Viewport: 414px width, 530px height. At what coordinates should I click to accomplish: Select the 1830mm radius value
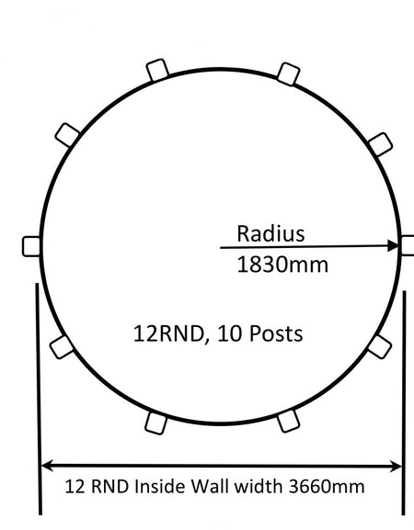point(282,265)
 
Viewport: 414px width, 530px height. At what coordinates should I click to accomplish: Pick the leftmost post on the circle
point(30,245)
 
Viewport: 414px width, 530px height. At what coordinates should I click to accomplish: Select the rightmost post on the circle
point(408,245)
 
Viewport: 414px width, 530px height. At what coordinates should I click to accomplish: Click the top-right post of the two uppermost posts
point(288,72)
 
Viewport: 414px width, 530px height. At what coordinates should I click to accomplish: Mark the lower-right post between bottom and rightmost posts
point(378,345)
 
